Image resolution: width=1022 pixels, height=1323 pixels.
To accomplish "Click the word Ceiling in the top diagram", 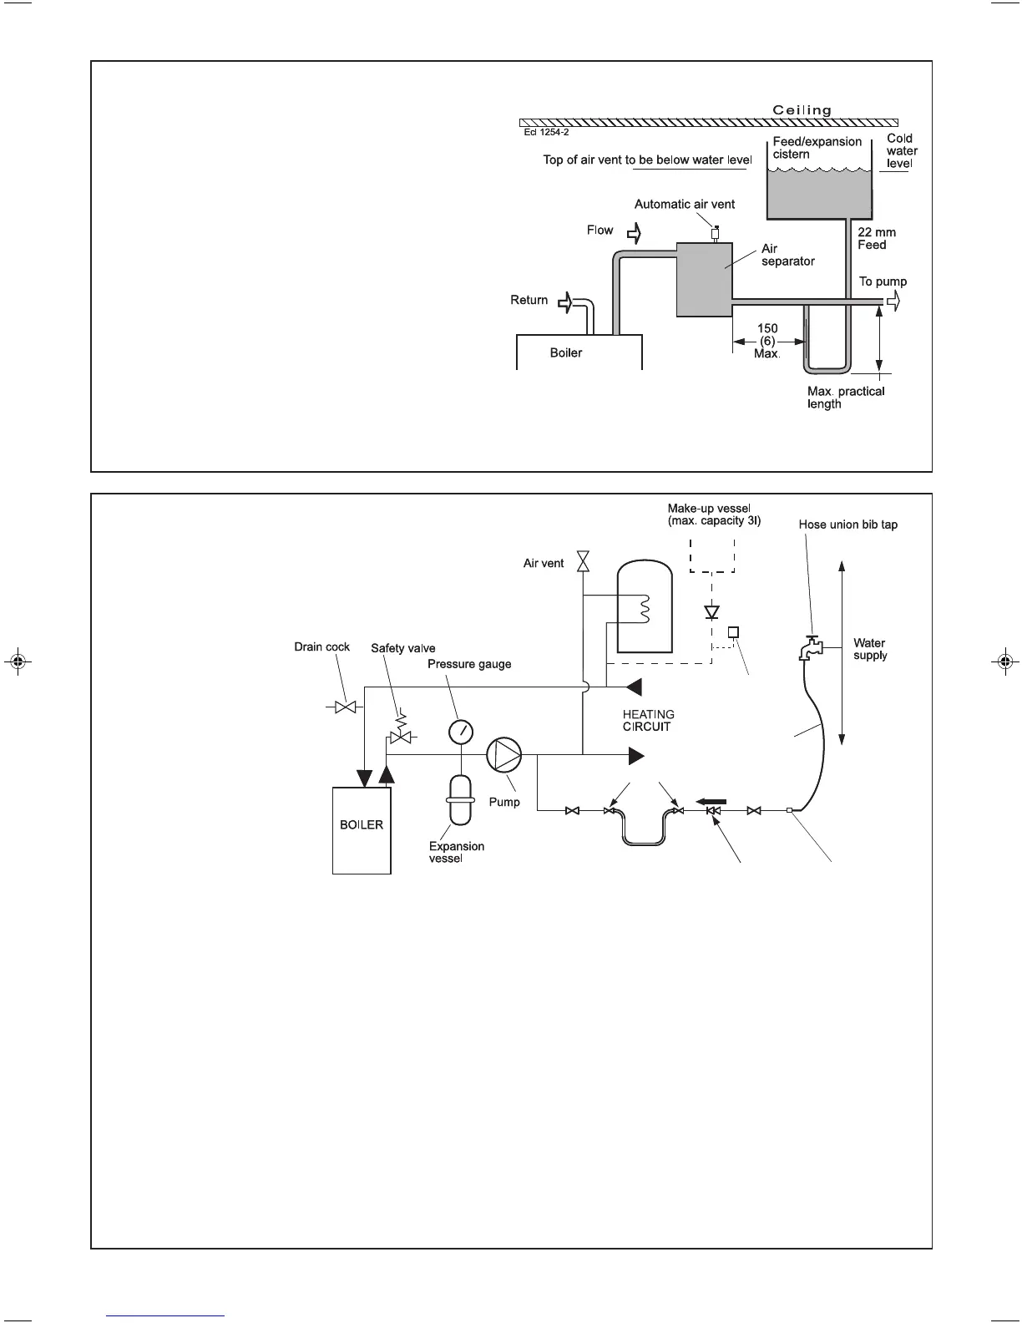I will click(802, 110).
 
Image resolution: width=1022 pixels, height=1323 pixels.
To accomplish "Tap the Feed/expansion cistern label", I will click(817, 148).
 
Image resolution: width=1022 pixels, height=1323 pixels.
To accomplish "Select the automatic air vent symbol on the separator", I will click(715, 232).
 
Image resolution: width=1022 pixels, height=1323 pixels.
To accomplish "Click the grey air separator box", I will click(704, 280).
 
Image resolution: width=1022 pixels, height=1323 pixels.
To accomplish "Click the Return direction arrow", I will click(566, 302).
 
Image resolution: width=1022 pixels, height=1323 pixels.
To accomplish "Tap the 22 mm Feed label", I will click(876, 239).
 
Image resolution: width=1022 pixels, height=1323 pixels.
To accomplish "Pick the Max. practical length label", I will click(845, 398).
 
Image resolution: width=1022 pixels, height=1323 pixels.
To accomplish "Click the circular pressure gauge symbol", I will click(460, 732).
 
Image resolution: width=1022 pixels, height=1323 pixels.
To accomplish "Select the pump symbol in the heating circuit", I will click(504, 755).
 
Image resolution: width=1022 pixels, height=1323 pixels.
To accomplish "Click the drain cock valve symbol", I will click(345, 707).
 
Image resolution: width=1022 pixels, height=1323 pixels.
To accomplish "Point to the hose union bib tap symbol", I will click(810, 647).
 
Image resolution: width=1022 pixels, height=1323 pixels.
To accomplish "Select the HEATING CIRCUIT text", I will click(648, 720).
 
